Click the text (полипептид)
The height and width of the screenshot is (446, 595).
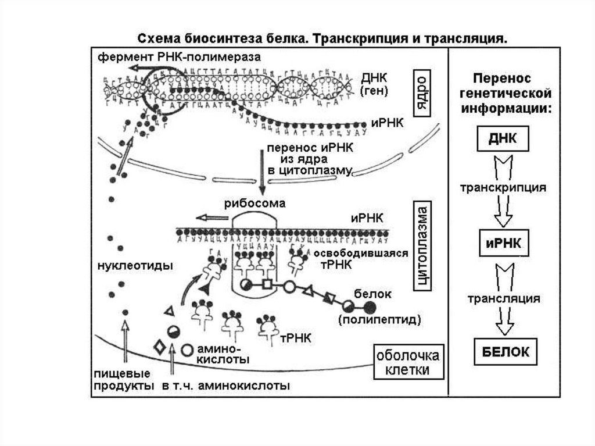[x=378, y=319]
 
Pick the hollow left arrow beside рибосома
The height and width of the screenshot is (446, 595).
[x=212, y=218]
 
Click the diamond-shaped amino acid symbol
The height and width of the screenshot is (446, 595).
[x=158, y=347]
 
